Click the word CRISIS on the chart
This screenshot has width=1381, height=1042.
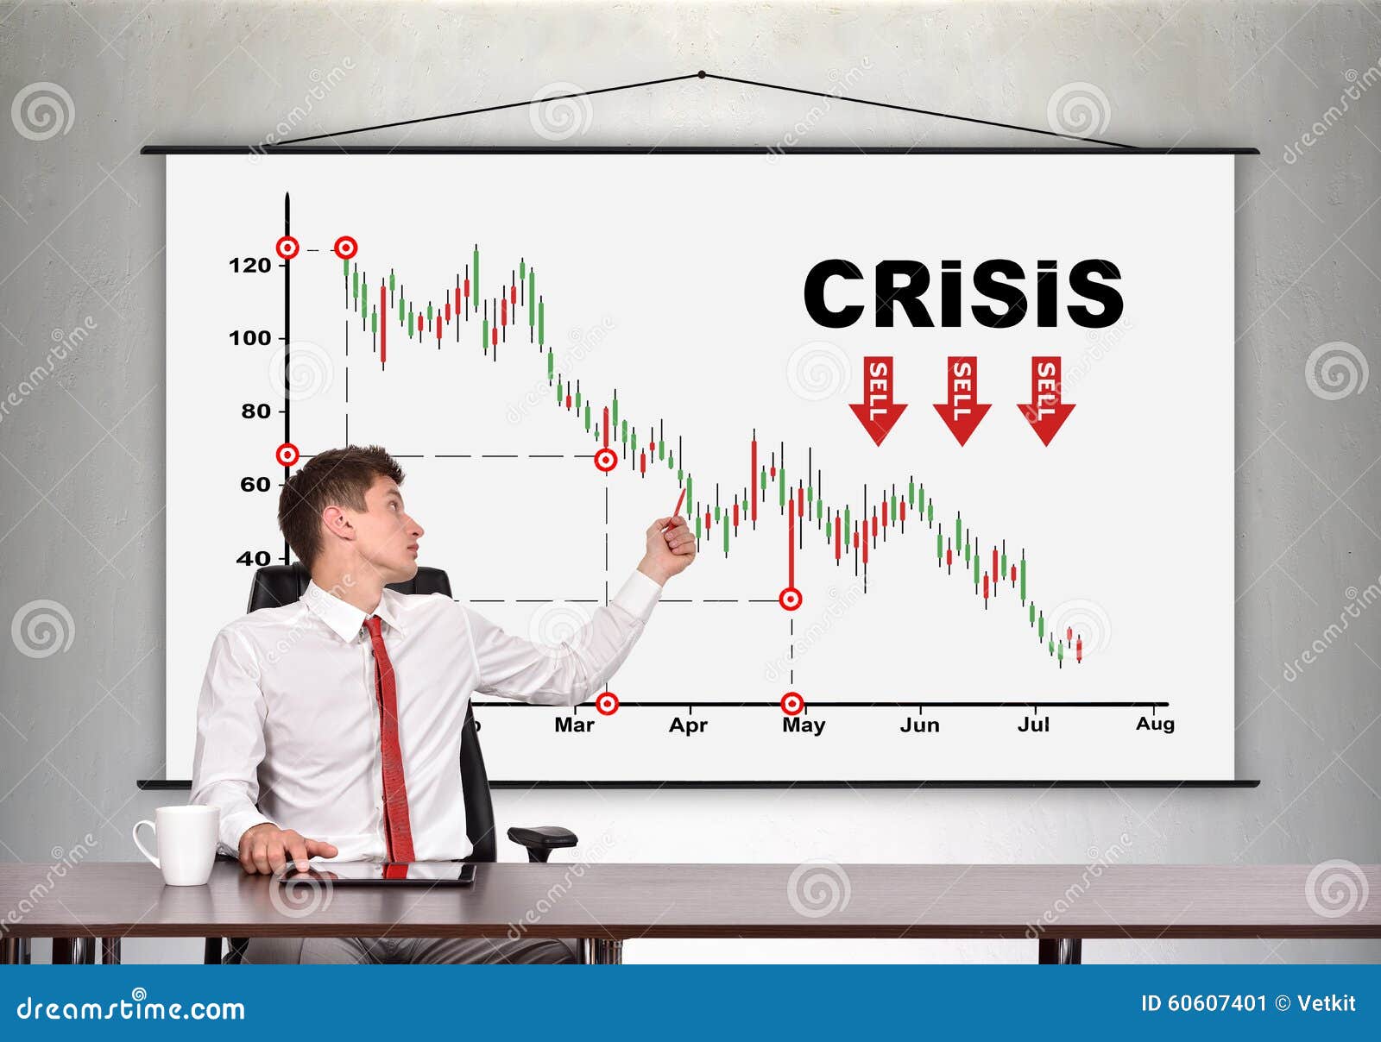[962, 294]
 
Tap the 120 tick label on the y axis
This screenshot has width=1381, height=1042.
[249, 266]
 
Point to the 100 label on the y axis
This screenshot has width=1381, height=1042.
[249, 338]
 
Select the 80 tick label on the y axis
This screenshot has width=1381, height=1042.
[255, 411]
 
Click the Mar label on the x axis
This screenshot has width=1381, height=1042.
[574, 725]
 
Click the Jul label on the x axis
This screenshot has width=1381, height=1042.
[1033, 725]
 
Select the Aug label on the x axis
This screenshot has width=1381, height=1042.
[1155, 725]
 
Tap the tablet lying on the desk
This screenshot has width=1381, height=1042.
[380, 873]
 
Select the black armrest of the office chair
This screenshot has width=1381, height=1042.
[542, 836]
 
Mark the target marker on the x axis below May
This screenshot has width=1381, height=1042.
[792, 704]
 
